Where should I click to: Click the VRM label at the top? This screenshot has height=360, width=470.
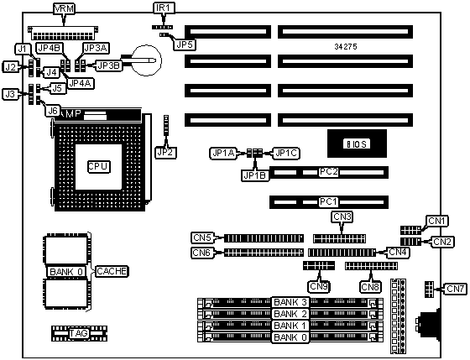64,8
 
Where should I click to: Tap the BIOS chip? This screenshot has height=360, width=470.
357,143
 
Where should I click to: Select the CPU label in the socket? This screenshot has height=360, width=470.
99,167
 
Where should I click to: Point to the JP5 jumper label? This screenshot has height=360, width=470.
185,44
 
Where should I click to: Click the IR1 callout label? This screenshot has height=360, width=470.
164,8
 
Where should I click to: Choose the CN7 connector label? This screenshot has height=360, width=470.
455,289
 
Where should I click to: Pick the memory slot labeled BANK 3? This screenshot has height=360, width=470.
290,303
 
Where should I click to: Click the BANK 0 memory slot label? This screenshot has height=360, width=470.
290,337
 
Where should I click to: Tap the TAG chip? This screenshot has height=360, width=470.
79,333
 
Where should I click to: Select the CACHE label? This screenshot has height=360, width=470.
112,271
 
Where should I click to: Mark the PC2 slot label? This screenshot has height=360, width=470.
328,172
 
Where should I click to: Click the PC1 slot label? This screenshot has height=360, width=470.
328,201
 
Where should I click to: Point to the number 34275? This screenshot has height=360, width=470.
346,47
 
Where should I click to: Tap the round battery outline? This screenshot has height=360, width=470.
147,60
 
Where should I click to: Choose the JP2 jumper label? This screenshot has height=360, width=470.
166,153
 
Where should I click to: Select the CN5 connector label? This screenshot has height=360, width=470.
202,237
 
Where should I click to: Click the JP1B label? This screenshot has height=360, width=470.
255,175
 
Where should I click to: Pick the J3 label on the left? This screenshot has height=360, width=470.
10,95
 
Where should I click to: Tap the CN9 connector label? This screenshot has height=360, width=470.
319,286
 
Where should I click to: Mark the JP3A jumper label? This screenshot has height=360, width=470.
96,48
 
